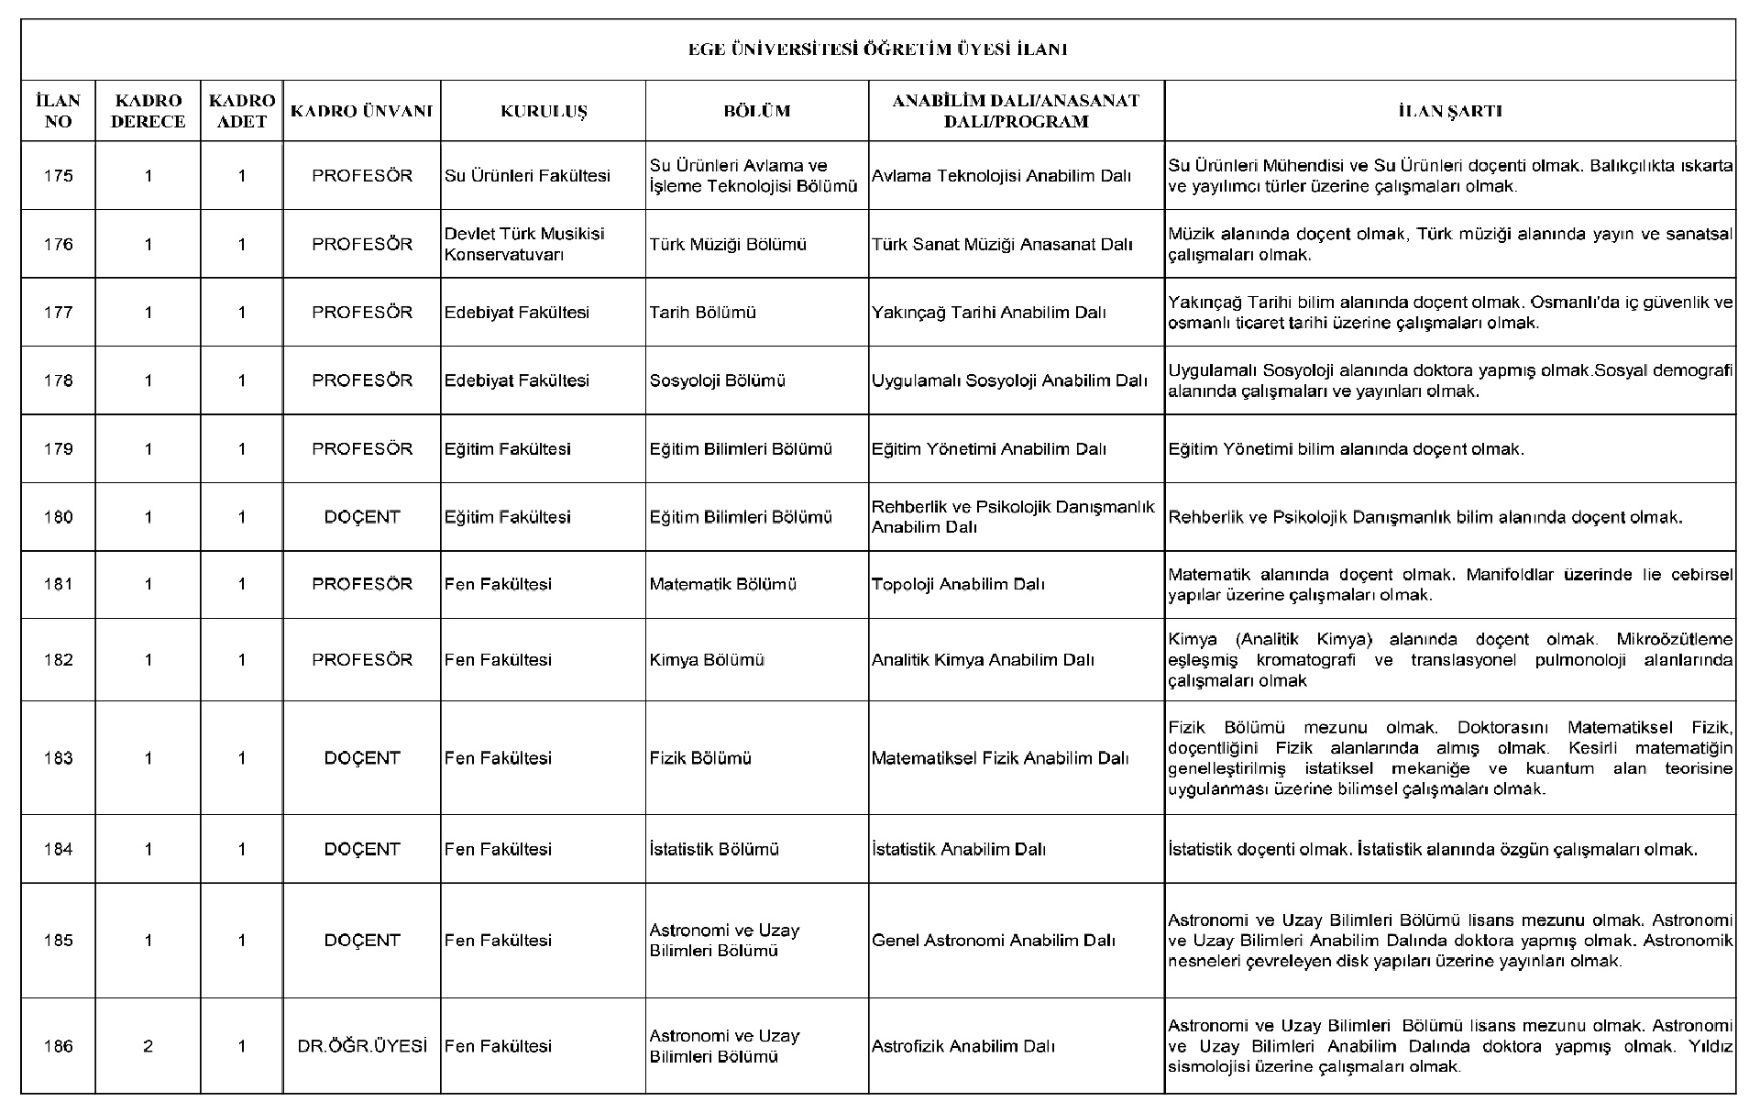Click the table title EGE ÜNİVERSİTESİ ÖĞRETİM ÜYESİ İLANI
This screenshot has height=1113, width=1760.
click(x=877, y=50)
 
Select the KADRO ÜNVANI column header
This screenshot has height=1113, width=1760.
click(x=361, y=111)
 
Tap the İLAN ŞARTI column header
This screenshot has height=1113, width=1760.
click(x=1449, y=111)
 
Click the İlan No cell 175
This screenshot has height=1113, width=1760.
click(x=58, y=176)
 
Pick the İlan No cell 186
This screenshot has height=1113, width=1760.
click(x=58, y=1046)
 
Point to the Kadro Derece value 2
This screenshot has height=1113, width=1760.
click(x=148, y=1046)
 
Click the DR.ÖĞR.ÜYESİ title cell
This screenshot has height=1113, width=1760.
click(x=362, y=1046)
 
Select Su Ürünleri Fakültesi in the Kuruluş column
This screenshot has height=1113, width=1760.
click(x=527, y=176)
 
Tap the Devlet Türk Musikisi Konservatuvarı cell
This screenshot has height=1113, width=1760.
click(x=524, y=244)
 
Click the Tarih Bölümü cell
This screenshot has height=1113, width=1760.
click(x=702, y=313)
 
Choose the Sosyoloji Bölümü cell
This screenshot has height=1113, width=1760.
click(x=717, y=380)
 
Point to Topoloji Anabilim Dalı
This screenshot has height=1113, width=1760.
click(x=958, y=584)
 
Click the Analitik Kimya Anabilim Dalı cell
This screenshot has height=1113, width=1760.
click(x=983, y=660)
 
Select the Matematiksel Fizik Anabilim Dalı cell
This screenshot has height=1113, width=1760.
click(x=999, y=758)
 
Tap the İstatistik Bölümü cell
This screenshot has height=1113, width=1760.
click(x=714, y=849)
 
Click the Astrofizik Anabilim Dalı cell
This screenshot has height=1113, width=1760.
click(x=963, y=1046)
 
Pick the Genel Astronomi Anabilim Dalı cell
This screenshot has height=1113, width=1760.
click(x=993, y=941)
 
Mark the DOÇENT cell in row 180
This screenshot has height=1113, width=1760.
click(x=362, y=517)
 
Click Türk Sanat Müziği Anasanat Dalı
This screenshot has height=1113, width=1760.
click(x=1002, y=244)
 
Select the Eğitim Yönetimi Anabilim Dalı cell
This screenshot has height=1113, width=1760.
click(x=988, y=449)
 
